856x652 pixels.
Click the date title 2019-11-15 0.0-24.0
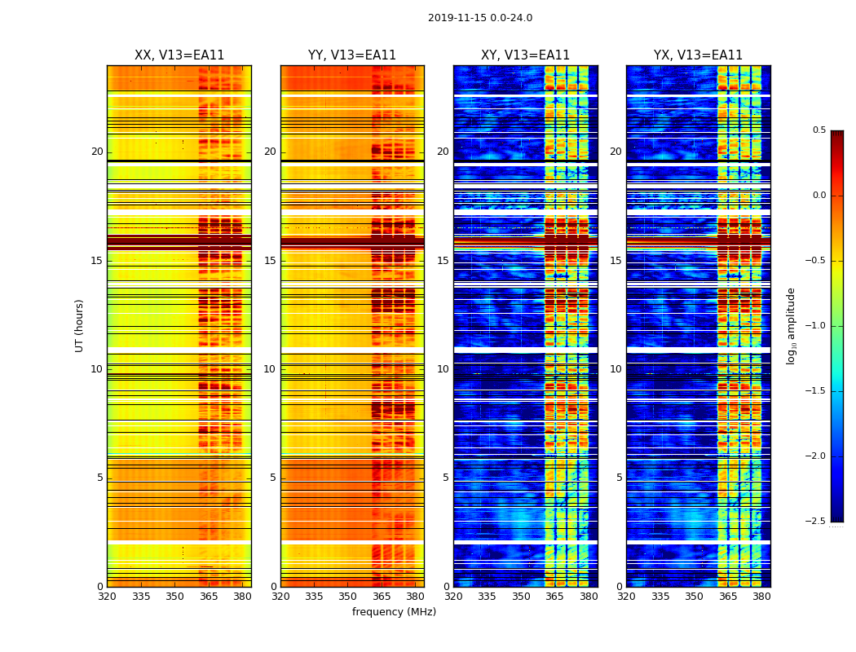pos(480,18)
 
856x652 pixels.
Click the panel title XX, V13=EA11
pos(179,55)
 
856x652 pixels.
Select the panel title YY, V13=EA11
pos(352,55)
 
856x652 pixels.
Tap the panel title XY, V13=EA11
pos(525,55)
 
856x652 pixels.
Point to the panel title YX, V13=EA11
pos(698,55)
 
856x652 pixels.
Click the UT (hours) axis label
pos(79,325)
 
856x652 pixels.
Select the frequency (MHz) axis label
pos(394,612)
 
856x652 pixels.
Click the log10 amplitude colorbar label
pos(791,325)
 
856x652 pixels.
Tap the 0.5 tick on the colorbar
pos(818,130)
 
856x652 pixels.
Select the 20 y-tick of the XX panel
pos(97,152)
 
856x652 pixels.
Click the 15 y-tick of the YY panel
pos(270,261)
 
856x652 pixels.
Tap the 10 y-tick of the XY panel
pos(443,369)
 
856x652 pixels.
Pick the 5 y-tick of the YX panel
pos(619,478)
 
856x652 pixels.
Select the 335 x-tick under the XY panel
pos(487,597)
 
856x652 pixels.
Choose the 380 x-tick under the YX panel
pos(761,597)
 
